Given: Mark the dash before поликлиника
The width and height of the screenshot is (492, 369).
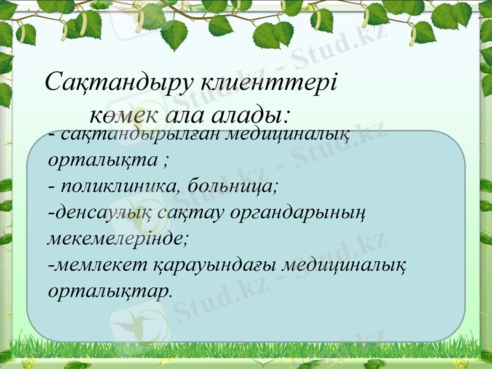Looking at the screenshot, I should [50, 185].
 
